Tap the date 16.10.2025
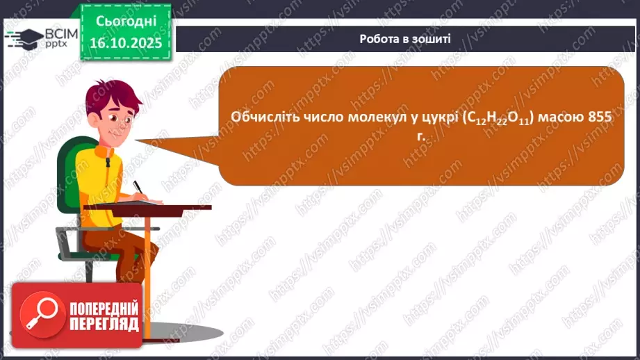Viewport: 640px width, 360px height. [125, 43]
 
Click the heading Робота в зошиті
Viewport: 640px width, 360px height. [405, 39]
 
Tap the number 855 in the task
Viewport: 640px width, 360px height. [600, 118]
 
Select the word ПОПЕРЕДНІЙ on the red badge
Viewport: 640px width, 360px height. [104, 309]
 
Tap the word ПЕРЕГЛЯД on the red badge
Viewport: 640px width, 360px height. [104, 325]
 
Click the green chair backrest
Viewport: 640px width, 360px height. [69, 174]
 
